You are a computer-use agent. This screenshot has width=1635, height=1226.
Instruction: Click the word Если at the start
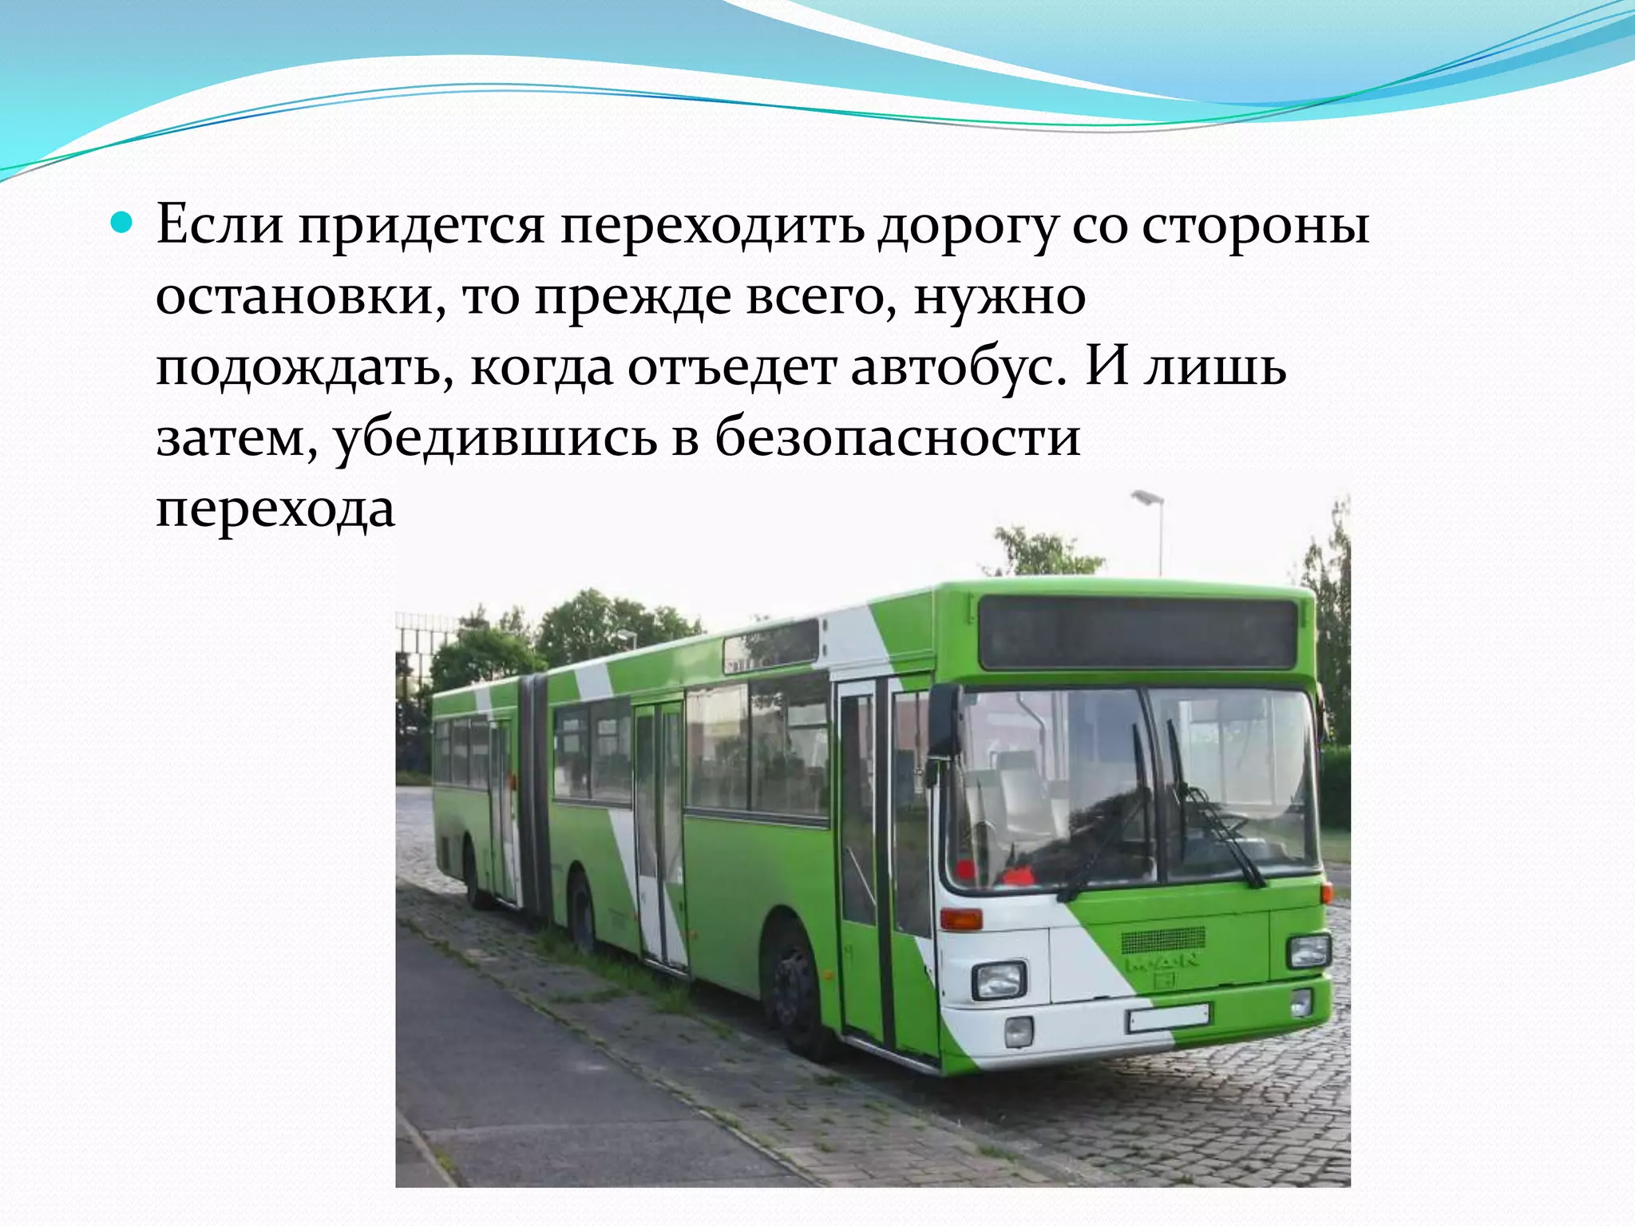point(220,224)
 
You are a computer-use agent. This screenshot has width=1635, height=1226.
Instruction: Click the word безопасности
point(897,437)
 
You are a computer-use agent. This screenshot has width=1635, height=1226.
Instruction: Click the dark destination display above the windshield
point(1137,634)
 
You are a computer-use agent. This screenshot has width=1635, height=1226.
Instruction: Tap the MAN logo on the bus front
point(1162,963)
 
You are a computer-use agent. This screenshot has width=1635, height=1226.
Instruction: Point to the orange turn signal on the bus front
point(960,919)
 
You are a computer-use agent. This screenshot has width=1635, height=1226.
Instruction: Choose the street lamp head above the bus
point(1147,498)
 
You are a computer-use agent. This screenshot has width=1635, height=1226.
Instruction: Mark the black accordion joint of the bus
point(532,790)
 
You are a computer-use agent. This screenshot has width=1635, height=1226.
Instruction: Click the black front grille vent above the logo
point(1163,939)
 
